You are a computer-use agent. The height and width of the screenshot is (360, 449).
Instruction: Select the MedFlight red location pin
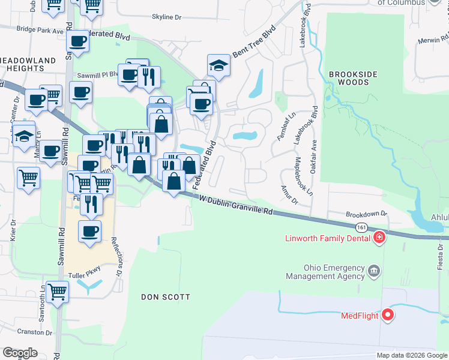388,314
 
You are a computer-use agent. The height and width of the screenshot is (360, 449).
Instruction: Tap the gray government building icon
375,272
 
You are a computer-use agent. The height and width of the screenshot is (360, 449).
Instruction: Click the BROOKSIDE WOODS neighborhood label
353,78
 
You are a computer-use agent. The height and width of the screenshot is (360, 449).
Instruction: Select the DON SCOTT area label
166,297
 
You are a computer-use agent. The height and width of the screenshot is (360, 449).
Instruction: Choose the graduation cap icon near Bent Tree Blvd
218,66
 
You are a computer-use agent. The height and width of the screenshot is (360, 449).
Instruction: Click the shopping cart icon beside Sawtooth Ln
57,292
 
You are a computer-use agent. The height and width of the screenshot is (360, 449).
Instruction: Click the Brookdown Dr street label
366,214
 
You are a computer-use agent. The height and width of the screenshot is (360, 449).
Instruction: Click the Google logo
20,353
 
